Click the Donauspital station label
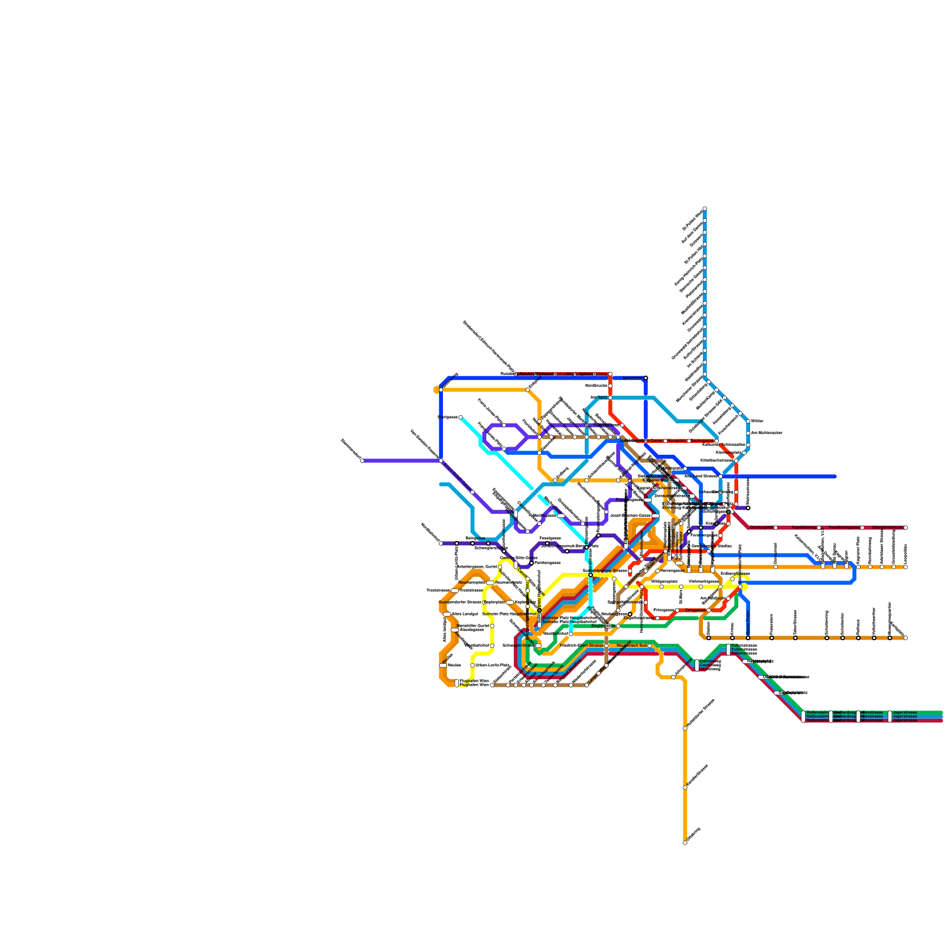(x=762, y=527)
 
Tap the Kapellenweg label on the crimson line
(x=804, y=527)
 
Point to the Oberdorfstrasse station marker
(x=905, y=527)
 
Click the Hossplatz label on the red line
(x=677, y=441)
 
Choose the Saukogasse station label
(x=702, y=441)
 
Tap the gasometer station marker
(x=646, y=378)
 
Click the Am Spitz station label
(x=599, y=397)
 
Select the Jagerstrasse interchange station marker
(x=889, y=716)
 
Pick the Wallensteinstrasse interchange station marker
(x=803, y=716)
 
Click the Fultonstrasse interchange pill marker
(x=728, y=650)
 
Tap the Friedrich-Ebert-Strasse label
(x=582, y=646)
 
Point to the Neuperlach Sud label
(x=631, y=646)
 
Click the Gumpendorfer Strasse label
(x=460, y=602)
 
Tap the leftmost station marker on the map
(x=362, y=461)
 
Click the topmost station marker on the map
(x=705, y=208)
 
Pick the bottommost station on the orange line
(x=685, y=843)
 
